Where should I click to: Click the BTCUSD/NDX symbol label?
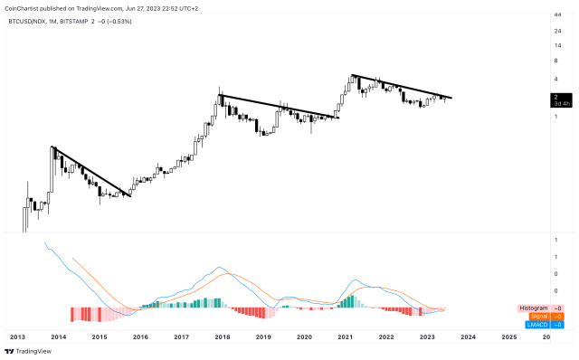click(x=28, y=20)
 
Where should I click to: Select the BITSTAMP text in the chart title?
click(x=87, y=20)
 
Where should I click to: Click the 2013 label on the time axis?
click(x=17, y=336)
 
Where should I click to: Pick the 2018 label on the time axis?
click(x=222, y=336)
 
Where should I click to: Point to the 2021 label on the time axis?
click(x=345, y=336)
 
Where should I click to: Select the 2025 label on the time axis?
click(x=508, y=336)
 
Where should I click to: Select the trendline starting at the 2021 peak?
click(x=402, y=87)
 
